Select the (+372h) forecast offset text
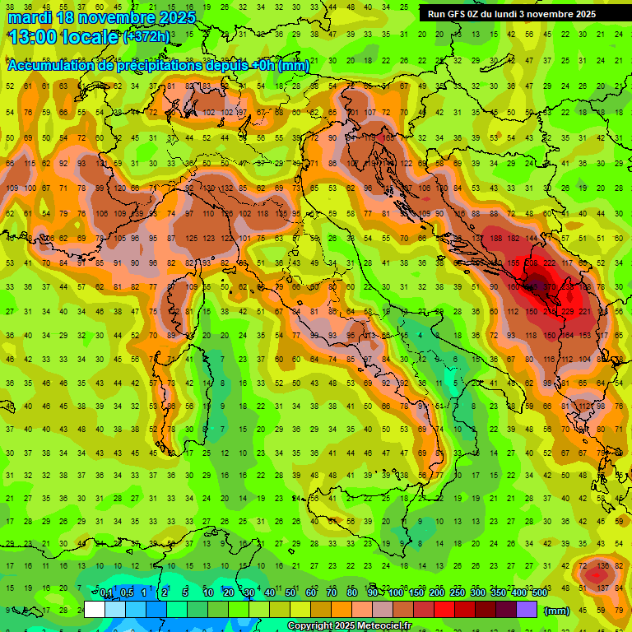point(146,37)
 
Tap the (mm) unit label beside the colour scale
point(557,611)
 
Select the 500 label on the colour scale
point(539,593)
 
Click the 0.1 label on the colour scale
point(106,593)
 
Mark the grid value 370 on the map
point(550,286)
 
